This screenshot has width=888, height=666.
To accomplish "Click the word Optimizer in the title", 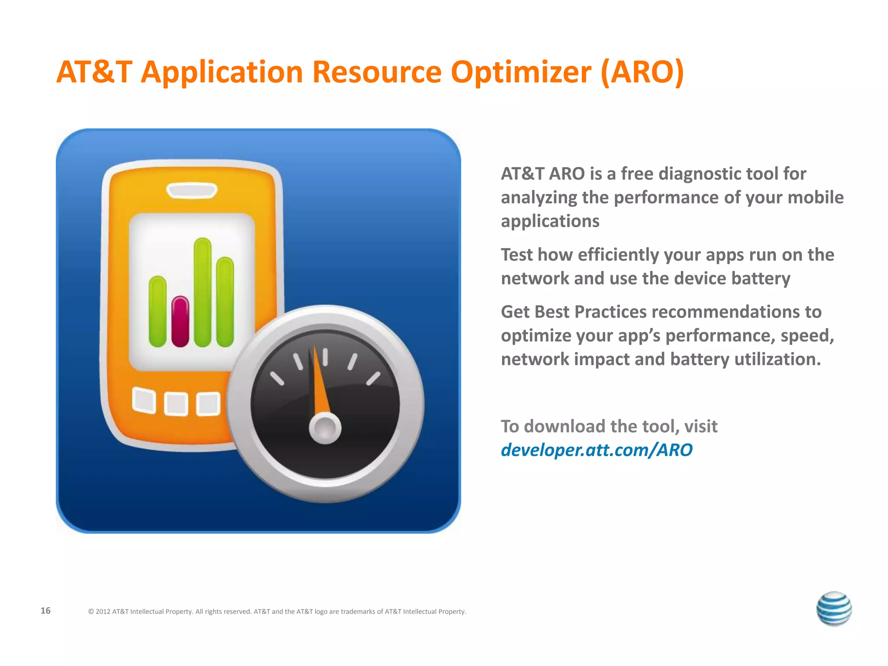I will coord(521,72).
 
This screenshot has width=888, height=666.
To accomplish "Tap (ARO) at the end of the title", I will coord(642,72).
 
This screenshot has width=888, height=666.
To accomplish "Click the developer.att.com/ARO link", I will coord(596,450).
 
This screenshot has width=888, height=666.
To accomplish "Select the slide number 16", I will coord(46,610).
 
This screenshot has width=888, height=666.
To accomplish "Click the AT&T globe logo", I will coord(834,609).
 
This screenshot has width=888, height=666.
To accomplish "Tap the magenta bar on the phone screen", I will coord(180,322).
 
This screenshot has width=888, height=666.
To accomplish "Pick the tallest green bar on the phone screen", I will coord(202,292).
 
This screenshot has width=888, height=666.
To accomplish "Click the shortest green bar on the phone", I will coord(157,311).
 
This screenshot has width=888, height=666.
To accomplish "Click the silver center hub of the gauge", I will coord(325,428).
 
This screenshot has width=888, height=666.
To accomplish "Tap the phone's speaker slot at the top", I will coord(192,191).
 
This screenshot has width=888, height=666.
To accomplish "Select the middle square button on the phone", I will coord(176,404).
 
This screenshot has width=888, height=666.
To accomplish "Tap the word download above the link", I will coord(565,427).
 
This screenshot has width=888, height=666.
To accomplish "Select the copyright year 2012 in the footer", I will coord(103,611).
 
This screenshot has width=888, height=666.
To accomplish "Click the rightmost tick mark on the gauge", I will coord(373,379).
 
